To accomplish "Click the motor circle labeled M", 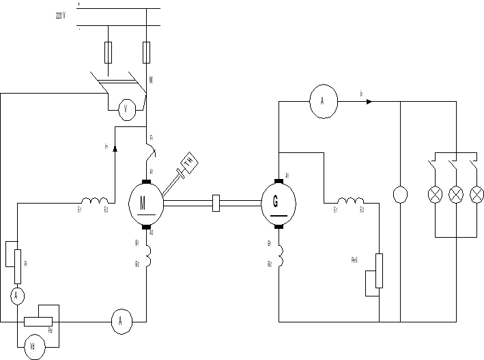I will (146, 202).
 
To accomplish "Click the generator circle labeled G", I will (279, 203).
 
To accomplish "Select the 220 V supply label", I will (61, 14).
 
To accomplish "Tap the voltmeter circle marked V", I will (126, 109).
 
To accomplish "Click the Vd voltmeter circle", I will (32, 346).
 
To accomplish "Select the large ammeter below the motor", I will (121, 321).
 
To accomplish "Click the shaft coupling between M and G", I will (216, 202).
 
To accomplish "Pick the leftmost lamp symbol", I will (434, 195).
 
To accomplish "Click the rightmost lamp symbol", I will (476, 195).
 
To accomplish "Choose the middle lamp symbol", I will (455, 195).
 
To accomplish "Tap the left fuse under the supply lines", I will (109, 51).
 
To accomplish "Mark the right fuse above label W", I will (146, 51).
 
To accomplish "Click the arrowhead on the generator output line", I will (369, 102).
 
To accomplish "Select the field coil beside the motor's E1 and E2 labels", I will (95, 201).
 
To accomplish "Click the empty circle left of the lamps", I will (399, 194).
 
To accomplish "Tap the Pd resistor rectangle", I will (38, 321).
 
